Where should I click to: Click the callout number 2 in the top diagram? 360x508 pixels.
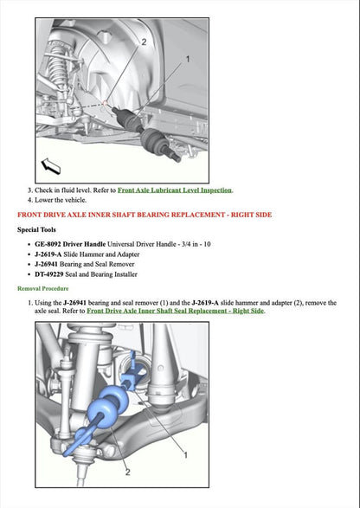pyautogui.click(x=143, y=42)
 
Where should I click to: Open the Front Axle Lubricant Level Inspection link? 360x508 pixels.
pyautogui.click(x=175, y=190)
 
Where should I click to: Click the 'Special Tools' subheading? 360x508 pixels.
pyautogui.click(x=41, y=230)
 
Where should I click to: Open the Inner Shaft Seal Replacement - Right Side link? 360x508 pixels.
pyautogui.click(x=175, y=311)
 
